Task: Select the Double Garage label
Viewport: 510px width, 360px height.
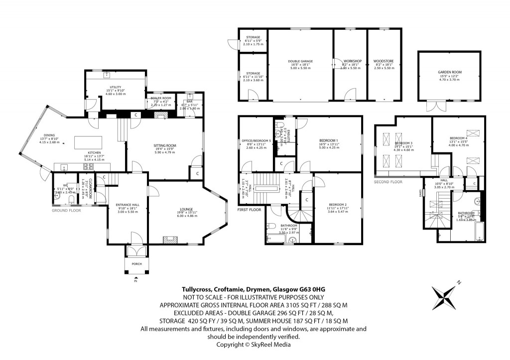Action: coord(300,62)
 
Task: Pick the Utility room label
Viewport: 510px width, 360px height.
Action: coord(115,87)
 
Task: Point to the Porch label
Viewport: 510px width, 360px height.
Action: coord(136,264)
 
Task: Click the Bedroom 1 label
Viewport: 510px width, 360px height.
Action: coord(329,141)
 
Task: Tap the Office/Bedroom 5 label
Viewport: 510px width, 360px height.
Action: coord(256,141)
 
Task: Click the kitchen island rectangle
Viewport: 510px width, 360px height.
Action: coord(89,142)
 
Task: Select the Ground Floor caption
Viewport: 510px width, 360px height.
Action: coord(66,211)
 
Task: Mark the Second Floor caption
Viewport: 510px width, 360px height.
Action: coord(388,182)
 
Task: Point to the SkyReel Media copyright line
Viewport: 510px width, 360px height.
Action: coord(254,344)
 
